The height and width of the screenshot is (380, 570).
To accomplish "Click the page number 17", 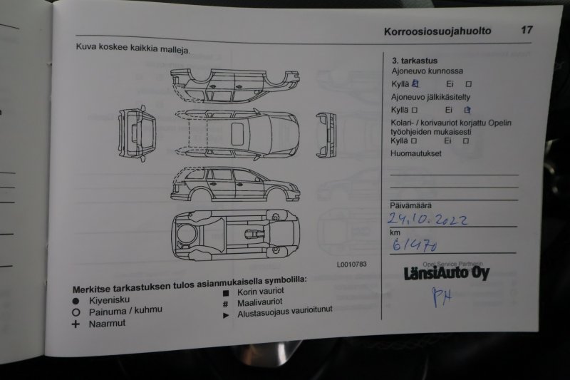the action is (x=527, y=29).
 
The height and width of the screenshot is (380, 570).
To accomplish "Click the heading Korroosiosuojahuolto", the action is (x=437, y=31).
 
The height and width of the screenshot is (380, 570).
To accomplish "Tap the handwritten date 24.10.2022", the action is (x=427, y=219).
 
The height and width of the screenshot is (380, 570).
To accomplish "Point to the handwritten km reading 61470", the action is (x=414, y=245).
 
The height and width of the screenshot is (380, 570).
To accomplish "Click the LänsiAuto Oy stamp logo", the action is (x=447, y=273).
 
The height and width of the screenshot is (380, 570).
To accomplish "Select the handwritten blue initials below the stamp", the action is (x=442, y=297).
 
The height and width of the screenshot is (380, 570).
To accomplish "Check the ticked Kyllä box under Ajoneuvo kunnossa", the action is (x=415, y=83).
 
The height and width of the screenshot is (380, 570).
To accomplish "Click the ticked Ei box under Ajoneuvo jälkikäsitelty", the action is (x=467, y=110).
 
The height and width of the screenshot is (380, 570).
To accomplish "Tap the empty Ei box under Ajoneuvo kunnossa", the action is (x=469, y=84).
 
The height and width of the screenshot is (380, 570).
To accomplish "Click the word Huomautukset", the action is (x=415, y=153).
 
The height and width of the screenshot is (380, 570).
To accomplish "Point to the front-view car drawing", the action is (x=326, y=135).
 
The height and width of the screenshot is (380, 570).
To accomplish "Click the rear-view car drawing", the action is (x=138, y=133).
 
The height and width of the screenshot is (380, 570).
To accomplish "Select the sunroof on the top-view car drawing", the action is (x=237, y=133).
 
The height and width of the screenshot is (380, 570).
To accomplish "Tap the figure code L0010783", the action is (x=351, y=265).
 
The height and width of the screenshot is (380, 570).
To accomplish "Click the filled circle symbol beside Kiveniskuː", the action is (x=76, y=301).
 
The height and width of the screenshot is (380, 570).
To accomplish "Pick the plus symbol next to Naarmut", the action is (x=76, y=324).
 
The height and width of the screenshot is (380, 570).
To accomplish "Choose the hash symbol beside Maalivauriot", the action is (x=226, y=304).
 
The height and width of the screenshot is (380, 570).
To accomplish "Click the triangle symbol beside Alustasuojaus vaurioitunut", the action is (x=226, y=316).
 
